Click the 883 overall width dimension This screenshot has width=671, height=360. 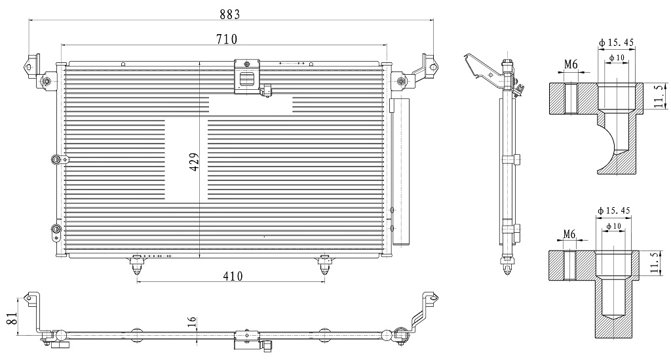[230, 14]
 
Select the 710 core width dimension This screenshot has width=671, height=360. [227, 39]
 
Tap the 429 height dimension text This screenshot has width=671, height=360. [194, 162]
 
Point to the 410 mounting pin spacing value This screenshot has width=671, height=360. [233, 276]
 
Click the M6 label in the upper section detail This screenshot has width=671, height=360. [571, 65]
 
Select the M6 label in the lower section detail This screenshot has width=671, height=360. [569, 234]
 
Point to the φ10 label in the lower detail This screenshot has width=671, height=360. [613, 226]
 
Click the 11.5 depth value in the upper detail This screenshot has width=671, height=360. [659, 96]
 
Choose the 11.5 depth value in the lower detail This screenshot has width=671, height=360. [655, 262]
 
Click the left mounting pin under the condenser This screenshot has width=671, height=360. [137, 266]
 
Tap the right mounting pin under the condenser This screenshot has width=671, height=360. [324, 266]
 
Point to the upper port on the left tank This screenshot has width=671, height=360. [56, 159]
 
